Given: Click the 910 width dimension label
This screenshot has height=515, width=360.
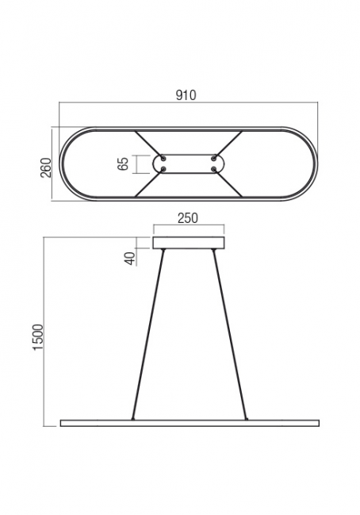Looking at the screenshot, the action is [x=186, y=95].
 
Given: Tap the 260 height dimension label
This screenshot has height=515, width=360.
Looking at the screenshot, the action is [x=46, y=167].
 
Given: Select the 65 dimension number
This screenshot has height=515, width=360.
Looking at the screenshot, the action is [x=123, y=164].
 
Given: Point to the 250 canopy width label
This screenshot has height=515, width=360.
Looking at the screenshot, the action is [x=188, y=218].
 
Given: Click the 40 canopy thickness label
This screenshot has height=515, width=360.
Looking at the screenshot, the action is [x=130, y=259].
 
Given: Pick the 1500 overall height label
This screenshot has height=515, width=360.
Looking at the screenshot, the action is [x=38, y=337].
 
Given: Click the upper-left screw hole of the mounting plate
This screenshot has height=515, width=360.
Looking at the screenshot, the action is [x=163, y=159].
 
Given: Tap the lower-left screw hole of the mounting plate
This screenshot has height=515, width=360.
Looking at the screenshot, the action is [x=163, y=169].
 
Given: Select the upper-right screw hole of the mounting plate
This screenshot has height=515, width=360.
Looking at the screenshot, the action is [x=214, y=159].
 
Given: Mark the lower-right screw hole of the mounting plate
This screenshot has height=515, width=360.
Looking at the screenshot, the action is [x=214, y=169].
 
